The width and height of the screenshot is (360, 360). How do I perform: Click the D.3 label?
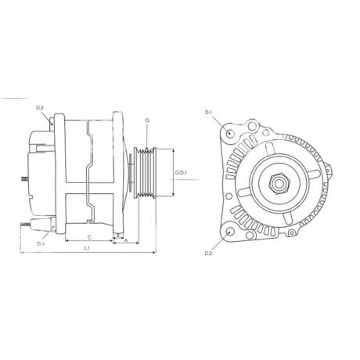(40, 108)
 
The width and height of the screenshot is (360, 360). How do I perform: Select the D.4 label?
(41, 243)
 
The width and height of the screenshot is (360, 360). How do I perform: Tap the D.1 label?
(208, 113)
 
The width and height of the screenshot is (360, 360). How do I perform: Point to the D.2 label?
(208, 253)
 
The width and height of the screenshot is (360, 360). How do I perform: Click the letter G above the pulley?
(147, 121)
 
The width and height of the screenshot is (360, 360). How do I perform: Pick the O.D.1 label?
(181, 172)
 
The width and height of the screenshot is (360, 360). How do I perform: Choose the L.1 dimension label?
(87, 248)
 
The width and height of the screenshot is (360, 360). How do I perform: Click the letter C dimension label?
(89, 237)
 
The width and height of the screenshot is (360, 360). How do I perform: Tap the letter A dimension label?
(126, 240)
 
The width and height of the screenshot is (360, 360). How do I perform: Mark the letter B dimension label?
(118, 235)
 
